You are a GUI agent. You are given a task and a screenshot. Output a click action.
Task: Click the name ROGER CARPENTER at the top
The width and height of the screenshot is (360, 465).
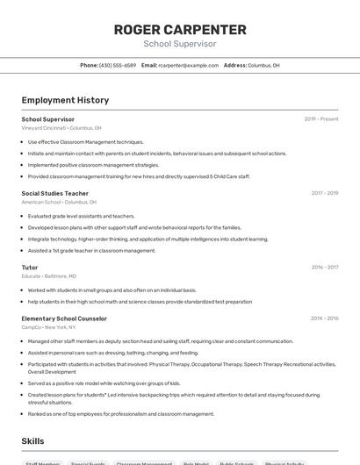pos(180,29)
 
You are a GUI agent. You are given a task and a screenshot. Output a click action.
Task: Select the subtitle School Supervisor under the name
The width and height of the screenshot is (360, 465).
pos(180,43)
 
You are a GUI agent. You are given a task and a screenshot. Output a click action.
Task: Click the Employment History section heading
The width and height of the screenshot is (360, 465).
pos(65,100)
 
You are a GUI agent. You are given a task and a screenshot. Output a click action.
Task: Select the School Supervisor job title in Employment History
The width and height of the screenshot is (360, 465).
pos(47,119)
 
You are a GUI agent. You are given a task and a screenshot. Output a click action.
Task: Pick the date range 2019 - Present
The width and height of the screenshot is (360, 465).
pos(321,119)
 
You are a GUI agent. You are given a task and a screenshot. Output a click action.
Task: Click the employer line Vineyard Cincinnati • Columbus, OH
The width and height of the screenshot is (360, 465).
pos(61,128)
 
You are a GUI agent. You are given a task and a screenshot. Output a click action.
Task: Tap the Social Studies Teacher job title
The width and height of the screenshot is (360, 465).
pos(54,193)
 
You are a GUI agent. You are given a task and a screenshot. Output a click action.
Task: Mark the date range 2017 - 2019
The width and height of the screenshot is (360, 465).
pos(324,193)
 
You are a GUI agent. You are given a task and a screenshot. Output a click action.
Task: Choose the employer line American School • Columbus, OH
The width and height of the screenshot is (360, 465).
pos(60,202)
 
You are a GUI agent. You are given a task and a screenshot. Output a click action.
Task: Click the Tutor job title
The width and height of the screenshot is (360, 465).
pos(30,267)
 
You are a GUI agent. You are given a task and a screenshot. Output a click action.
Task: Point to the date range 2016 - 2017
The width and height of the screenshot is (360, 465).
pos(324,267)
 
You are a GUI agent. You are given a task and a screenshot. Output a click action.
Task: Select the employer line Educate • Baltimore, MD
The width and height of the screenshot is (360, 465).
pos(49,275)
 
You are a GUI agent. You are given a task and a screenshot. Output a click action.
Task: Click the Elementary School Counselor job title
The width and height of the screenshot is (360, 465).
pos(64,318)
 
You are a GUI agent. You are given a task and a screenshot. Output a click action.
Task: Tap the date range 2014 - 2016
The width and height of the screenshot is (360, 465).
pos(324,318)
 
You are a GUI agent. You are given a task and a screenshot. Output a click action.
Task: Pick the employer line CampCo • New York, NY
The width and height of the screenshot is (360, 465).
pos(50,327)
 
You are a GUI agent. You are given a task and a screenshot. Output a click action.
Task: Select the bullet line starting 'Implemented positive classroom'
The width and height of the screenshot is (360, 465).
pos(93,165)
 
